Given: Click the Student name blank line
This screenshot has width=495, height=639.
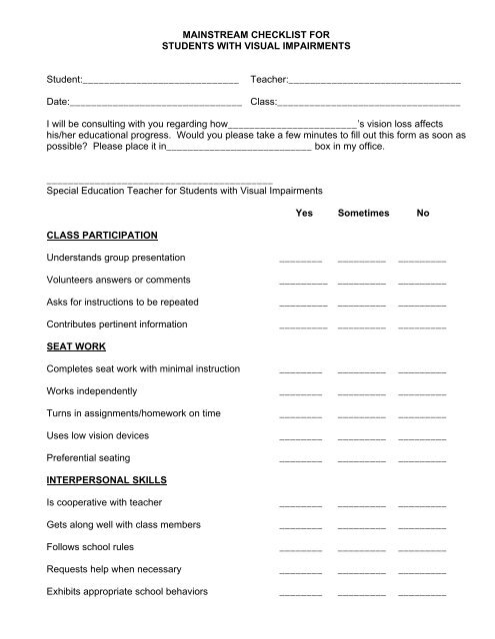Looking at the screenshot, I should point(161,80).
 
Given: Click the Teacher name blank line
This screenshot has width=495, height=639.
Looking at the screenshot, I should point(374,80).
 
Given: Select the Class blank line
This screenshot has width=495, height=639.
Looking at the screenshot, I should point(368,104).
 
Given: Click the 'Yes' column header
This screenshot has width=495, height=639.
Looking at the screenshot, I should point(304,213).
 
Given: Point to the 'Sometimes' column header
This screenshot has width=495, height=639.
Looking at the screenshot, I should point(362,213).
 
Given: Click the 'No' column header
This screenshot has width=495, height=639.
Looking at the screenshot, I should point(423,213).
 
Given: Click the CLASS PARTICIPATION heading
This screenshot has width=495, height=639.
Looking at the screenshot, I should point(102,235).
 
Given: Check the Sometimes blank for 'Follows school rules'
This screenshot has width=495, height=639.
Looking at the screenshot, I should point(362,550).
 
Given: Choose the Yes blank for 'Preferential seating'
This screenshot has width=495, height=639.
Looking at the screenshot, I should point(301,461).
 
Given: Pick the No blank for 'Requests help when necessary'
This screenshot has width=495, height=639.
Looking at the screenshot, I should point(422,572).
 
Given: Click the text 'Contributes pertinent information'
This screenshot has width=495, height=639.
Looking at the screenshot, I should point(116,324).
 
